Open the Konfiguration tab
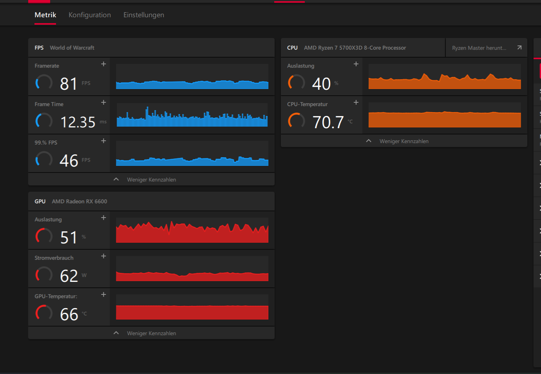pos(90,15)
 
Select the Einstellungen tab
pos(144,15)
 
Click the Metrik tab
pos(45,15)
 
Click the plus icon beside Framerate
pos(103,64)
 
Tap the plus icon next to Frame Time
pos(103,102)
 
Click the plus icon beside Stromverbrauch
pos(103,256)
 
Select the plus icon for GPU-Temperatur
pos(103,294)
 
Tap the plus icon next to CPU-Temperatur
pos(356,102)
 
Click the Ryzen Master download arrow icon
pos(519,47)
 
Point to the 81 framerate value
pos(69,84)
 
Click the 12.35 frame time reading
pos(78,122)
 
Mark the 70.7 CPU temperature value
pos(328,122)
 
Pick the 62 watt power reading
pos(69,276)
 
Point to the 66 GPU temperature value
pos(69,314)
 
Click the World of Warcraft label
pos(72,47)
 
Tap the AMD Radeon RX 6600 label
pos(80,202)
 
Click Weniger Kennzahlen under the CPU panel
pos(404,141)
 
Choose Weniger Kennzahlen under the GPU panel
pos(152,333)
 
